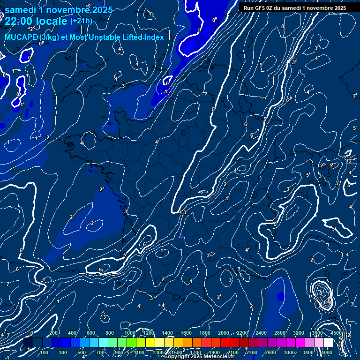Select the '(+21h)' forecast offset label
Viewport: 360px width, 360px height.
(x=81, y=21)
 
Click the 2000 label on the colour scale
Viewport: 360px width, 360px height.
(x=224, y=333)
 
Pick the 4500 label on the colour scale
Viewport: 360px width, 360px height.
(x=336, y=333)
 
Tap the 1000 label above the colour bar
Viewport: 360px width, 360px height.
(x=130, y=333)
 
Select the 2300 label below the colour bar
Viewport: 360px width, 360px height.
(x=251, y=352)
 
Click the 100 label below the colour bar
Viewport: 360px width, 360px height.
(x=45, y=352)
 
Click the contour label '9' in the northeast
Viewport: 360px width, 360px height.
(x=261, y=65)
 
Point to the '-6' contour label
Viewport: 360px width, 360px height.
(x=201, y=192)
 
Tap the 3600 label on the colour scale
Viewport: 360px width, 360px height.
(x=317, y=333)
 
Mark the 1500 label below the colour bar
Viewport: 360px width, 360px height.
(x=176, y=352)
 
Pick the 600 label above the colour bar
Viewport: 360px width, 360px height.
(x=91, y=333)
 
